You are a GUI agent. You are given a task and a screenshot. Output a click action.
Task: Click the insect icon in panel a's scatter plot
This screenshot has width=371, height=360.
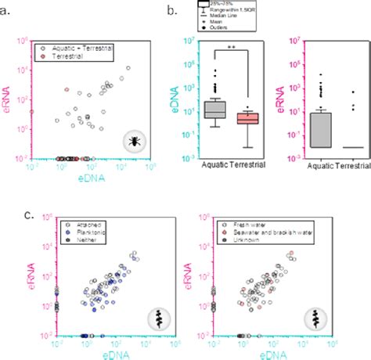click(135, 141)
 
